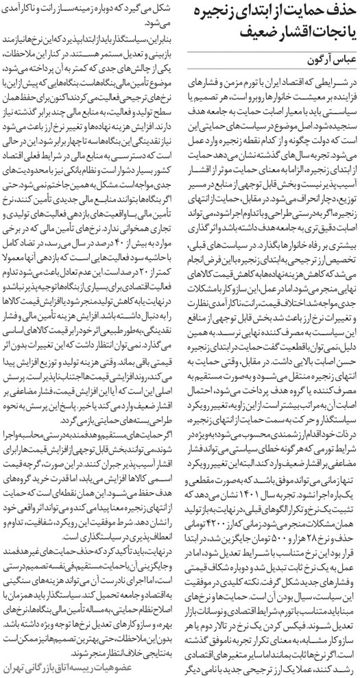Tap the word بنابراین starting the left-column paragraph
point(157,32)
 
